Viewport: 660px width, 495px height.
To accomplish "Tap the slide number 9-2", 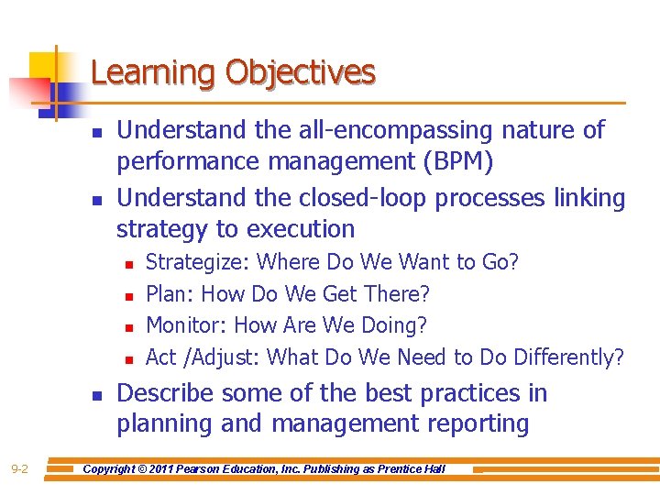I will tap(19, 469).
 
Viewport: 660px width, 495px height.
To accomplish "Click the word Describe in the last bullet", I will tap(166, 393).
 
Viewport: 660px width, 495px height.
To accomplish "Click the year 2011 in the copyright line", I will tap(180, 469).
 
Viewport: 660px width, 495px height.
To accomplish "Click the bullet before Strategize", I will tap(128, 264).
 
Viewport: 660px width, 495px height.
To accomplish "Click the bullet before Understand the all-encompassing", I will tap(97, 132).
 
